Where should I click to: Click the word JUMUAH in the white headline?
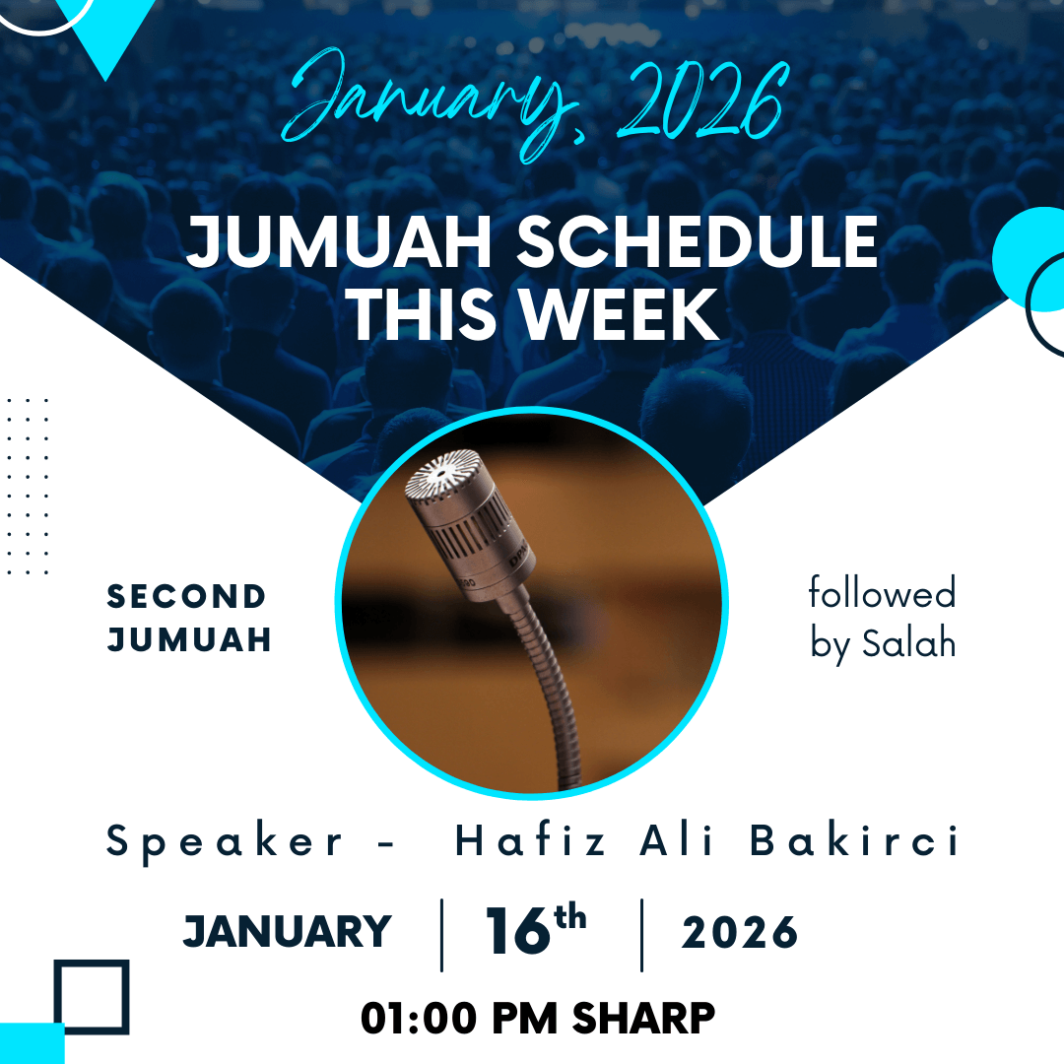pos(339,241)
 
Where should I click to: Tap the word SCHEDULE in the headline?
pos(698,241)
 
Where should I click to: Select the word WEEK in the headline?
pos(619,314)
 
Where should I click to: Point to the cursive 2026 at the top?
pos(703,100)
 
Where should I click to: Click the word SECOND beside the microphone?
pos(186,596)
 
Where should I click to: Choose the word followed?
pos(882,592)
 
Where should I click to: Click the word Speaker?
pos(225,842)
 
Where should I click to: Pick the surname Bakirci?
pos(853,840)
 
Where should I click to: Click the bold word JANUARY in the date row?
pos(287,931)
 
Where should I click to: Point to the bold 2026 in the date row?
pos(740,932)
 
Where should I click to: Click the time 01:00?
pos(419,1019)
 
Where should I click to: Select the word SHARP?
pos(643,1019)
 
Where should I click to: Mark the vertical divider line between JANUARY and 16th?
pos(441,935)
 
